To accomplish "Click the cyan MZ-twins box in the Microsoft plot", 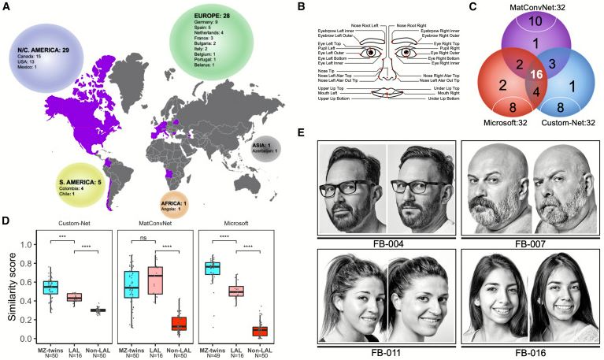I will coord(212,269).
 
